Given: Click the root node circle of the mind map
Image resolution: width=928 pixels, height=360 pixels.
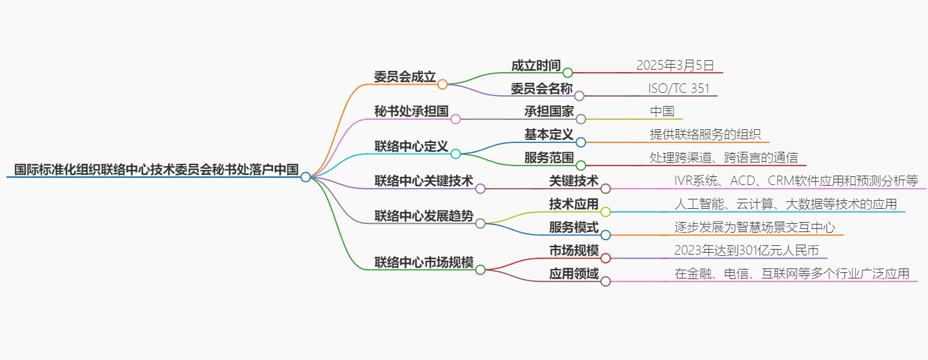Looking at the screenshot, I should (x=306, y=177).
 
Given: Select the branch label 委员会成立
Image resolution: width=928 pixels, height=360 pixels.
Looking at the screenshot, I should (x=405, y=77).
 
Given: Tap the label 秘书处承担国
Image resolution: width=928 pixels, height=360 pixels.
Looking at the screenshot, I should (x=411, y=112).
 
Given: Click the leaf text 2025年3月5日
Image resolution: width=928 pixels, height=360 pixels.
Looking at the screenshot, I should (x=675, y=65).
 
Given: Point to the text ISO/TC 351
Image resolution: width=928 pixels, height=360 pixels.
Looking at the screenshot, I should (x=679, y=88).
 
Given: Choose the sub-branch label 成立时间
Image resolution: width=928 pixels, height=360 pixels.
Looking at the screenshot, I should (x=536, y=65).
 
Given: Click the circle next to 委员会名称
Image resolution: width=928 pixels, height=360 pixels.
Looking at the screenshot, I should (x=579, y=96).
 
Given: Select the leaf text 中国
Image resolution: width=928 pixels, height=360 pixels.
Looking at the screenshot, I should (x=662, y=112).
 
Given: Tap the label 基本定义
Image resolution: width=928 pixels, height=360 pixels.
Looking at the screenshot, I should (x=549, y=135).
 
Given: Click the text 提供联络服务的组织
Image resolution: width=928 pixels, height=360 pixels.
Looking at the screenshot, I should (x=705, y=134).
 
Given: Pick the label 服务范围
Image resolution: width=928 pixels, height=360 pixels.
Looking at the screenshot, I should (x=549, y=157).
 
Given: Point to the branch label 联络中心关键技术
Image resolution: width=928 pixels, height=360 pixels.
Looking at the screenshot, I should (x=424, y=181).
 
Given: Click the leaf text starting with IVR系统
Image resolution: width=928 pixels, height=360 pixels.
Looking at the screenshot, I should (x=796, y=181).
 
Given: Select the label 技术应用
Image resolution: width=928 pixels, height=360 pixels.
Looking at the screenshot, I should (x=573, y=204).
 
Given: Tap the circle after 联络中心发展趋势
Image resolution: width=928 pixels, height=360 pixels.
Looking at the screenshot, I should (x=481, y=223).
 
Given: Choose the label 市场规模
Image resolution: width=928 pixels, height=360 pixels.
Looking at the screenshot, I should (x=573, y=251).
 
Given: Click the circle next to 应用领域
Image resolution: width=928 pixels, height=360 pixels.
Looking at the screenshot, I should (x=605, y=282).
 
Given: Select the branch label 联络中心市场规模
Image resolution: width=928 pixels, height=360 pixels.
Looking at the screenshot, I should (x=424, y=263).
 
